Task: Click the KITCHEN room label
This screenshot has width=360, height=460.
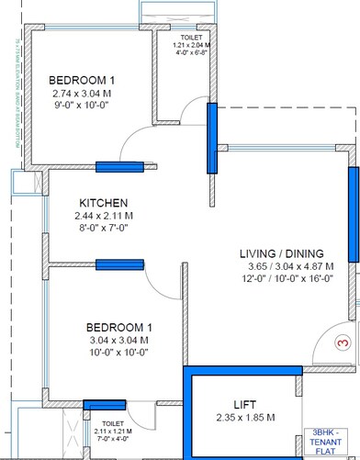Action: (x=103, y=203)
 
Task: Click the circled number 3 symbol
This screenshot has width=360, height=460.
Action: (x=343, y=342)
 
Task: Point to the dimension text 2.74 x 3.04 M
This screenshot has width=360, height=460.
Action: (x=84, y=93)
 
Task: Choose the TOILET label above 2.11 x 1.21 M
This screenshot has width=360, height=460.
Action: (x=112, y=425)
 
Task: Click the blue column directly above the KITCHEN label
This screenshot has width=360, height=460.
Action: (x=119, y=166)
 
